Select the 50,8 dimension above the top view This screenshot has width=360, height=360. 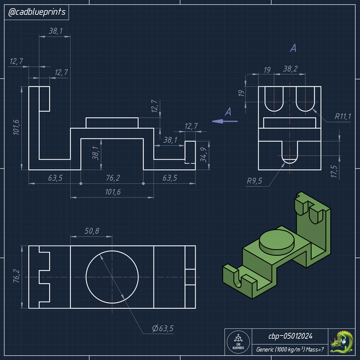coord(92,231)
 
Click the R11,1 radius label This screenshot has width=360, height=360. coord(343,116)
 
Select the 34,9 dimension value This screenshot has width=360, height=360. coord(203,152)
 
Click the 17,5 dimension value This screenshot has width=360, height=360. coord(334,170)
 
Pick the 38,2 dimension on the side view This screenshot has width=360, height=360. coord(290,69)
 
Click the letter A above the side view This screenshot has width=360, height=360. coord(293,49)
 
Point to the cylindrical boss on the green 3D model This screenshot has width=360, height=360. coord(277,240)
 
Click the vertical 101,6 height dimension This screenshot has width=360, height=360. coord(16,127)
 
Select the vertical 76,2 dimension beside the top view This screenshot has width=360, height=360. coord(16,277)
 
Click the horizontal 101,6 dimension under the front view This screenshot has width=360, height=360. coord(112,192)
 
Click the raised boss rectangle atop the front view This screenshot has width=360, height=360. coord(112,123)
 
